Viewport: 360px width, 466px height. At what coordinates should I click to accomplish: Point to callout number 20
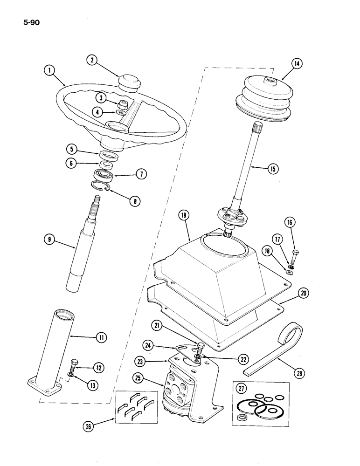click(x=304, y=294)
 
